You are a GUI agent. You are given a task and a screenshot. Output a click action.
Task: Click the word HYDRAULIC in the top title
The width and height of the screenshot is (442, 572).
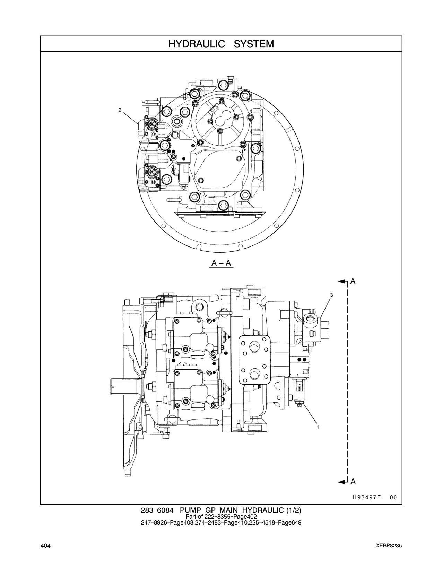(197, 44)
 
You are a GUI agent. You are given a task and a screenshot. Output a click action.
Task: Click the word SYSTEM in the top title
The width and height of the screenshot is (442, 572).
(254, 44)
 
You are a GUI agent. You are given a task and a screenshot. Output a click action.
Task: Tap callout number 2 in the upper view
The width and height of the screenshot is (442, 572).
(120, 110)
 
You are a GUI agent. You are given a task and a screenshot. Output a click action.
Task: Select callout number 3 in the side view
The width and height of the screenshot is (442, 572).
(331, 295)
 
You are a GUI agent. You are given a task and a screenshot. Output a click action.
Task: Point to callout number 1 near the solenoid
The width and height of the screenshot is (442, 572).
(318, 427)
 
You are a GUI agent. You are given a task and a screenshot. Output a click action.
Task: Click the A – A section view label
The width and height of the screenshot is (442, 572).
(221, 263)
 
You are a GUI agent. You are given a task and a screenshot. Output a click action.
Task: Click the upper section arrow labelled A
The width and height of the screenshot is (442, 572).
(347, 281)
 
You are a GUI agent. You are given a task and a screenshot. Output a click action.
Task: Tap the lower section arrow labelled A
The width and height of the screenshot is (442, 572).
(347, 482)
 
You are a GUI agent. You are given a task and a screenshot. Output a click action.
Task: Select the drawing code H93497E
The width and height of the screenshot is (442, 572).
(367, 497)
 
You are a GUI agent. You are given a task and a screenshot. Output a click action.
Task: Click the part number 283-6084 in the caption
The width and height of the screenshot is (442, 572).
(157, 510)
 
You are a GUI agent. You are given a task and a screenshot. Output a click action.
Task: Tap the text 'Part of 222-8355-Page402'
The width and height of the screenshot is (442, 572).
(221, 517)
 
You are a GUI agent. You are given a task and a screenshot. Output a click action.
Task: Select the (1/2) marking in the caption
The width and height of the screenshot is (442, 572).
(294, 510)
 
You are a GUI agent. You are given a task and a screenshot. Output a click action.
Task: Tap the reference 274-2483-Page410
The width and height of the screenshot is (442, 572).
(221, 522)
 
